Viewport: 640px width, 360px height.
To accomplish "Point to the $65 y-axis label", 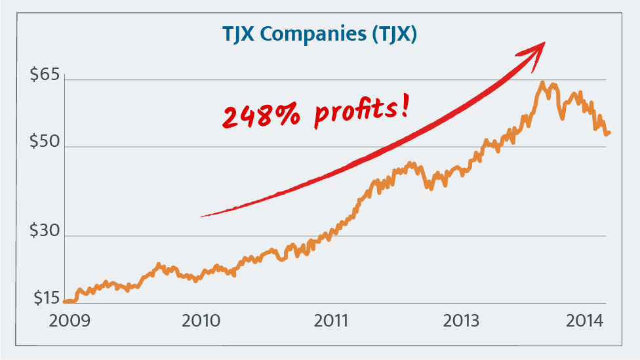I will pyautogui.click(x=45, y=75).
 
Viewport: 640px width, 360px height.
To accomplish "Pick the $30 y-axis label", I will pyautogui.click(x=45, y=231).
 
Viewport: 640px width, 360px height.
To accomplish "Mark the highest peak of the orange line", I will pyautogui.click(x=542, y=83).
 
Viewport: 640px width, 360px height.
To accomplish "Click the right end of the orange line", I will pyautogui.click(x=609, y=132).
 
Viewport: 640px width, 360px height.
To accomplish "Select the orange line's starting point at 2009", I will pyautogui.click(x=65, y=302).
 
